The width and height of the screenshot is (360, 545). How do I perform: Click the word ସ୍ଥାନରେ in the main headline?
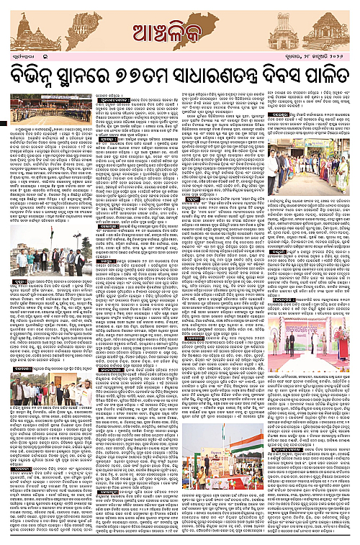pyautogui.click(x=94, y=74)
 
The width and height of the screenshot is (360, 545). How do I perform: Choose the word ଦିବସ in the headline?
pyautogui.click(x=284, y=74)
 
